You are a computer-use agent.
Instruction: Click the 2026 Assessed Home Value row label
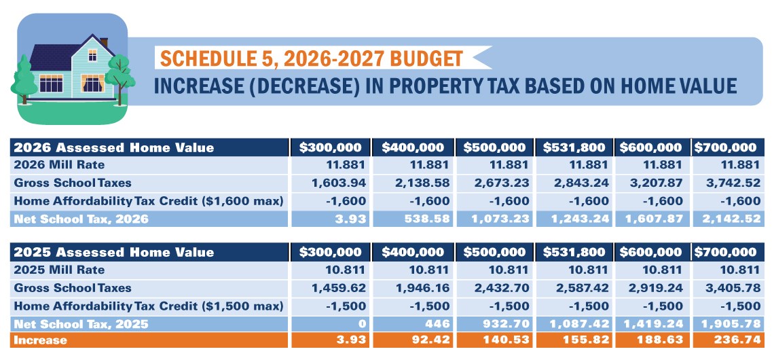(x=114, y=147)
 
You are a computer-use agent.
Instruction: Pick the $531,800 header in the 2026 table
(x=574, y=147)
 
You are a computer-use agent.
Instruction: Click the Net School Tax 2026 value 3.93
(x=353, y=218)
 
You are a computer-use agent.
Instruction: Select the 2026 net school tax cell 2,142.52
(x=733, y=218)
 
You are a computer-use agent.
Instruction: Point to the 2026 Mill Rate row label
(x=59, y=165)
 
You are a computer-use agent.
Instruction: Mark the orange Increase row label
(x=40, y=340)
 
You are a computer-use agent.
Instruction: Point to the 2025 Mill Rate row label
(x=59, y=270)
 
